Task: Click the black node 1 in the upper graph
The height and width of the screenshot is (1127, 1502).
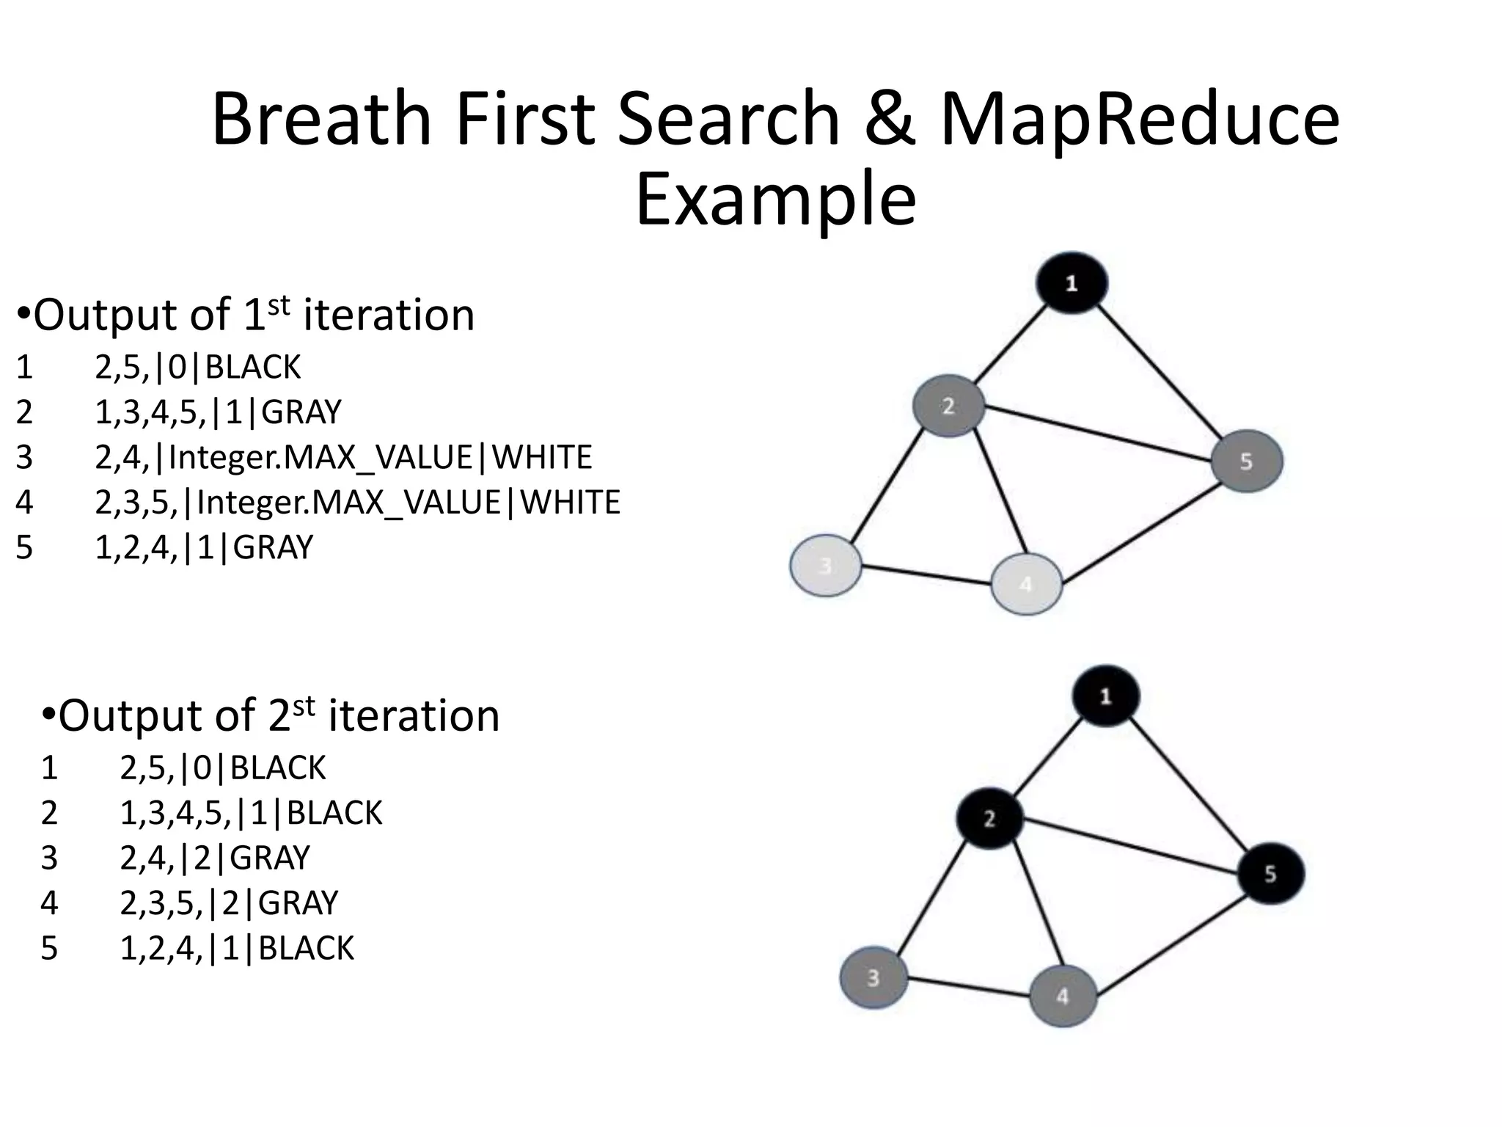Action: [1071, 283]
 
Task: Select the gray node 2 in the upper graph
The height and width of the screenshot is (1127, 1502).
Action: [948, 406]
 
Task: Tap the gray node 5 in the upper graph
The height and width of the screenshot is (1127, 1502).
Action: [1247, 461]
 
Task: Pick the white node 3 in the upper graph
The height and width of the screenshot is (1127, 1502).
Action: [826, 566]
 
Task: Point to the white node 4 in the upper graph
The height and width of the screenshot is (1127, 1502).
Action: [1026, 584]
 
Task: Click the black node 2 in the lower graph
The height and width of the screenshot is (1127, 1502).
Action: [989, 818]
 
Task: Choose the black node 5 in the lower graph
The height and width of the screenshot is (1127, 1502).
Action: [1270, 873]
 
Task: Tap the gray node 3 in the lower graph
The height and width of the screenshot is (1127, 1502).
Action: [873, 978]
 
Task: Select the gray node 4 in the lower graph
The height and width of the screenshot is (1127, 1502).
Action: [1063, 996]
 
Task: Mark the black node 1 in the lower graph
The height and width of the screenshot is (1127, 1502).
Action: [1106, 696]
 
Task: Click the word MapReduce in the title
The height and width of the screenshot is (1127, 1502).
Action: [1140, 119]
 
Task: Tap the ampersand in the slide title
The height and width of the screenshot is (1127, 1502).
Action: [890, 119]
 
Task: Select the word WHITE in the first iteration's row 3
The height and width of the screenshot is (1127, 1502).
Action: [541, 457]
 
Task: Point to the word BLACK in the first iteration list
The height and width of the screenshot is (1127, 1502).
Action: [253, 367]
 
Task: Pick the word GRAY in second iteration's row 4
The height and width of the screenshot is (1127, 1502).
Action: [298, 902]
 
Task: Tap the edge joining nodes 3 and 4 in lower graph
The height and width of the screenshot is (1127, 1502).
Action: [968, 987]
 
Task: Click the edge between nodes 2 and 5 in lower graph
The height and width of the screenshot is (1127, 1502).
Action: [1129, 845]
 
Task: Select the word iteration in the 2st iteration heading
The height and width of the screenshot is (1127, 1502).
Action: [414, 716]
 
